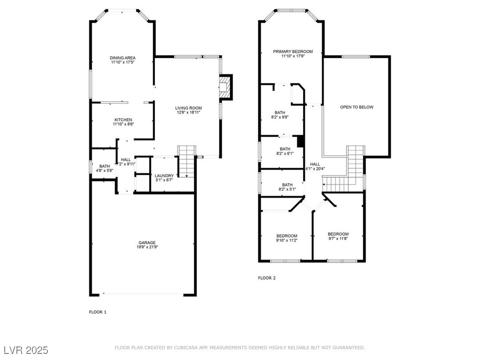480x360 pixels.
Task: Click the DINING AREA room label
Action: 123,58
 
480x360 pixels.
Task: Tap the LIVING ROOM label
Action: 189,108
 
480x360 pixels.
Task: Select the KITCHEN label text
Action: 122,120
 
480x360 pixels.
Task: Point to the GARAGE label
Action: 147,242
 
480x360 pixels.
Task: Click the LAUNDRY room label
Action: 164,175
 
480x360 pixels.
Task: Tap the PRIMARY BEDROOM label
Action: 293,52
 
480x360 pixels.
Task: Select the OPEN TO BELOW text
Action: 357,107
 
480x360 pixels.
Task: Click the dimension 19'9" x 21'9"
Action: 147,247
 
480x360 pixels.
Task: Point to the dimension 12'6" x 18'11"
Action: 189,112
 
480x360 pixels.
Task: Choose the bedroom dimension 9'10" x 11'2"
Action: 286,240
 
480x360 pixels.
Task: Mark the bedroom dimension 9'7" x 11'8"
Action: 337,239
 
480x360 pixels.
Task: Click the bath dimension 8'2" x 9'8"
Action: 280,117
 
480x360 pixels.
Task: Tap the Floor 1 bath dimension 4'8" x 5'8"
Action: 105,171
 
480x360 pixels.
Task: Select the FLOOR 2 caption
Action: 267,278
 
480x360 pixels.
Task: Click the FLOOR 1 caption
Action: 97,312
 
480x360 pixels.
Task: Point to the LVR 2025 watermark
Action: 25,350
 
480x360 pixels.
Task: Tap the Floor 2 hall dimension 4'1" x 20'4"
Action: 315,169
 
